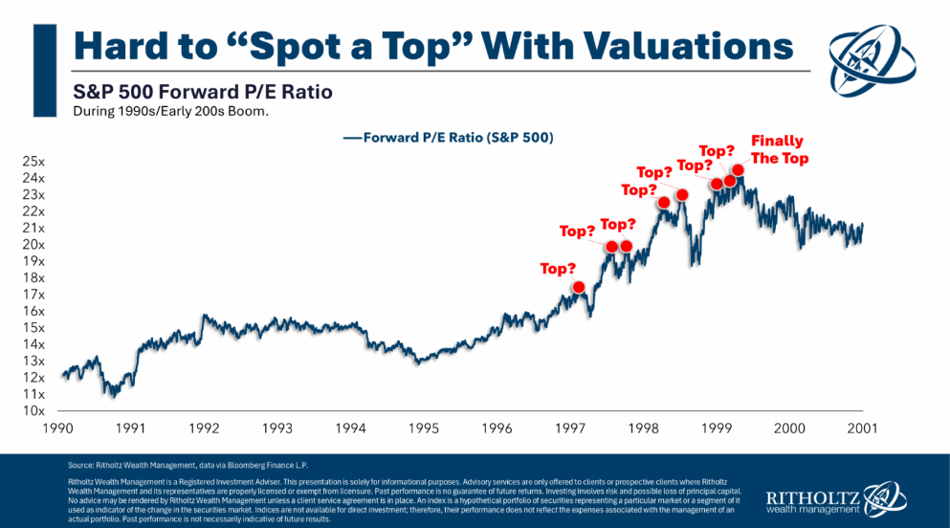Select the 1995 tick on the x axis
click(426, 429)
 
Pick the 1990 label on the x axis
click(59, 429)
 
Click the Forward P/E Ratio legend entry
click(448, 138)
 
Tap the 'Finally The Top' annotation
click(777, 149)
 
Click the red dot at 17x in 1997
click(579, 287)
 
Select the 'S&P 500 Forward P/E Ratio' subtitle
click(204, 93)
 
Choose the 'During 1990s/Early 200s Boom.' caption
click(164, 111)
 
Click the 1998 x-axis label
click(644, 429)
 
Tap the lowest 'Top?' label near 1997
click(558, 269)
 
